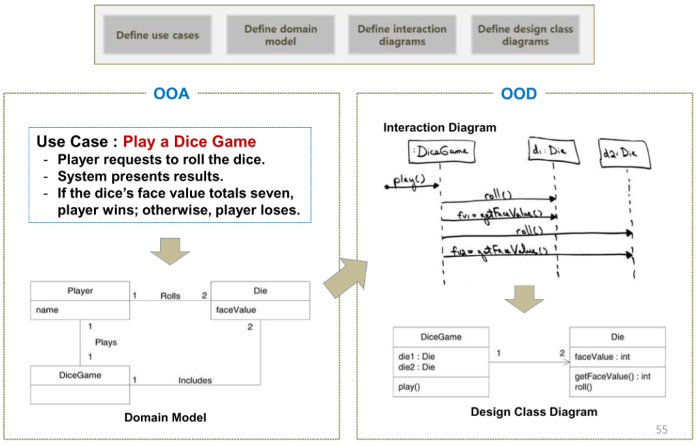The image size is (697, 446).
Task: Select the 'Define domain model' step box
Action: click(x=280, y=35)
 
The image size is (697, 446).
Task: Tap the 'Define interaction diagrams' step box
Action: click(x=402, y=35)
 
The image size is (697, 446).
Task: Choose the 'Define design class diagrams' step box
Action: click(x=525, y=35)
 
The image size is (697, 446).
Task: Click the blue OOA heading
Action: click(x=172, y=94)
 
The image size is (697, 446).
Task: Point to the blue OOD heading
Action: click(x=519, y=94)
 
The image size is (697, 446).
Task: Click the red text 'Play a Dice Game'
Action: click(x=190, y=142)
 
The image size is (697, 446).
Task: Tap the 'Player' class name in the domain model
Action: click(x=80, y=291)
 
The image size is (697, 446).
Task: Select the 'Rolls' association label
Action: click(x=170, y=296)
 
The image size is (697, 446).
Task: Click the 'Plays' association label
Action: click(x=106, y=342)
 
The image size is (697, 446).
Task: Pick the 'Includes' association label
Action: click(x=195, y=380)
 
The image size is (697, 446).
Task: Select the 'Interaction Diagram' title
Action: click(x=440, y=128)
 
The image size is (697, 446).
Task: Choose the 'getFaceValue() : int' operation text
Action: click(x=613, y=376)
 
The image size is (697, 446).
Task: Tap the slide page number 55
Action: click(x=662, y=429)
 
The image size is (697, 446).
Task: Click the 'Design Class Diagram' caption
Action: click(x=534, y=412)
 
